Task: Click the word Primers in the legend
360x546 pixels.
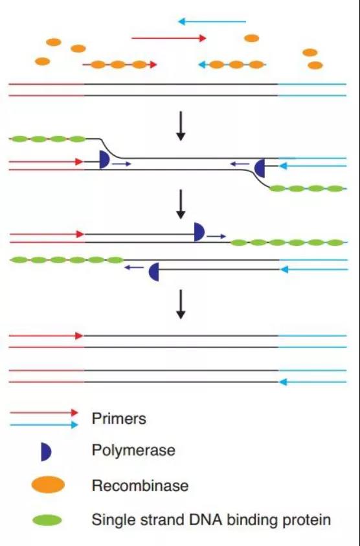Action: (119, 418)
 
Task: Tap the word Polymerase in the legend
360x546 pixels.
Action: (133, 450)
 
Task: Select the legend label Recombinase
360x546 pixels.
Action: (140, 486)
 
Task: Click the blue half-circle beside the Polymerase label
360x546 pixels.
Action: (46, 452)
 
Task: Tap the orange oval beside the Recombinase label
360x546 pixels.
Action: (48, 485)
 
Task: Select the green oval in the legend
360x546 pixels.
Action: (47, 521)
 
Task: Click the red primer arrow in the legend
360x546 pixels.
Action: (44, 413)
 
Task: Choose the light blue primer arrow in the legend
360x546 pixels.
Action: (44, 425)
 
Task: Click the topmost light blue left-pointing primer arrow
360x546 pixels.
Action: (212, 21)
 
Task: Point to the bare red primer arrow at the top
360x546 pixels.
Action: (169, 38)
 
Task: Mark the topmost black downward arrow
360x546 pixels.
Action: (181, 126)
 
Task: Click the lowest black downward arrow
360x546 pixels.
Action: (181, 304)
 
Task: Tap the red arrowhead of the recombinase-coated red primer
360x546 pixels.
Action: (153, 65)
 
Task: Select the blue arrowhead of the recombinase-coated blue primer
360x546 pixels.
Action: (201, 65)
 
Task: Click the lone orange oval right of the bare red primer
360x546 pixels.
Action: (252, 38)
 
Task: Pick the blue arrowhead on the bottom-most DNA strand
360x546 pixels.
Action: (283, 382)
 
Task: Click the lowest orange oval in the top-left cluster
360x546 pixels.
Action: (43, 61)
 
